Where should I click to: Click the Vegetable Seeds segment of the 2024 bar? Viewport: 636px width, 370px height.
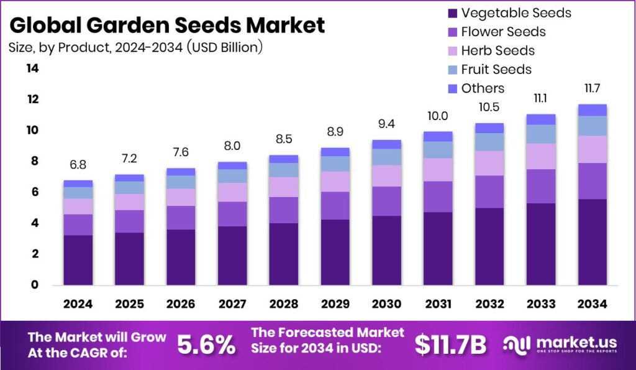(78, 260)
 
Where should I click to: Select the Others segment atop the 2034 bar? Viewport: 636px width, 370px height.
(592, 110)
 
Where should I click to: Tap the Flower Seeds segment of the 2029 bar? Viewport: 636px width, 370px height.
(335, 205)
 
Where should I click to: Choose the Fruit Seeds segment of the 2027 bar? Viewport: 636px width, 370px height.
(232, 176)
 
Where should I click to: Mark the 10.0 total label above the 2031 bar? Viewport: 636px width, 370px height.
(438, 116)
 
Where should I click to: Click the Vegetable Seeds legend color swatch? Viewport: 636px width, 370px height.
(452, 13)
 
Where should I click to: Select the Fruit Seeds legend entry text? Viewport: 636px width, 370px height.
(496, 69)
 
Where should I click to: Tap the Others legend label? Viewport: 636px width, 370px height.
(483, 88)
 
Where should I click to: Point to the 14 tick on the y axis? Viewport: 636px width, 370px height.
(32, 68)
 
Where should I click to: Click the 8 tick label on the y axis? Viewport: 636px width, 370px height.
(35, 161)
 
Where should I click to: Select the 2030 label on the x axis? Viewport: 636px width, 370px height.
(386, 304)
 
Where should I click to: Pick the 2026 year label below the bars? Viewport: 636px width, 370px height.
(181, 304)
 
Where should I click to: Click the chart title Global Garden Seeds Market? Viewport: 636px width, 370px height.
(167, 25)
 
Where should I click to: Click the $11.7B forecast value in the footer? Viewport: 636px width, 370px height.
(450, 345)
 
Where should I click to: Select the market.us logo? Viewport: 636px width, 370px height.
(560, 344)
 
